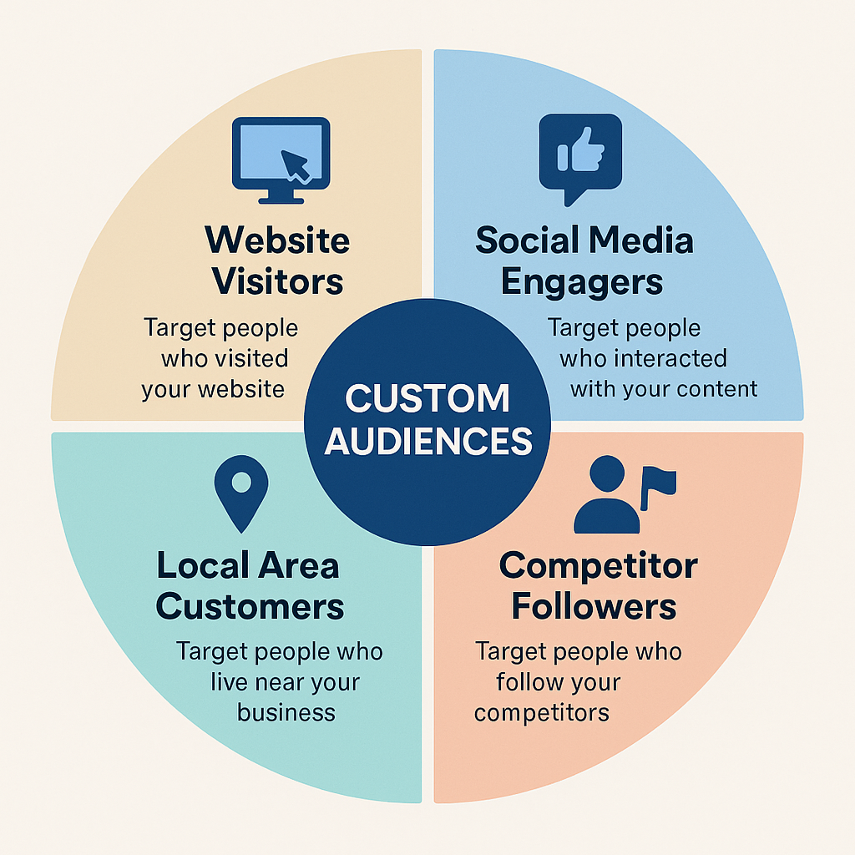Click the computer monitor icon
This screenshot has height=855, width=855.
(281, 159)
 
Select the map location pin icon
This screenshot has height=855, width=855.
(241, 492)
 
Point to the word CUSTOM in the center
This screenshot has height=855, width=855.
(427, 399)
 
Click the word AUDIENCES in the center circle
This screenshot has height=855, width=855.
(428, 441)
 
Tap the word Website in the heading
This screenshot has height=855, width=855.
(277, 241)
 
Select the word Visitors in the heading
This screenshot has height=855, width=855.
(277, 282)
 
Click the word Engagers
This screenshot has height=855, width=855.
(582, 282)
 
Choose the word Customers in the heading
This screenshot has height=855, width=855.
(250, 607)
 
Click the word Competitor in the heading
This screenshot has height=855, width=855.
(598, 566)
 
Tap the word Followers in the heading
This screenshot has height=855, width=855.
(594, 607)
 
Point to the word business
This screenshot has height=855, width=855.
(286, 713)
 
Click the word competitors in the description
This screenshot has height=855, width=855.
(542, 713)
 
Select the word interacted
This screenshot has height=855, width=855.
(668, 359)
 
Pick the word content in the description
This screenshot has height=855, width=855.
(717, 389)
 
